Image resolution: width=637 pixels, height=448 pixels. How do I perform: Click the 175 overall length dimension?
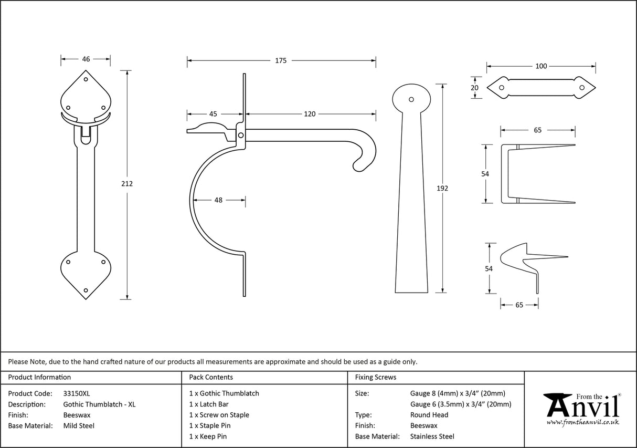coord(281,60)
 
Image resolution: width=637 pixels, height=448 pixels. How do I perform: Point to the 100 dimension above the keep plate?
coord(541,66)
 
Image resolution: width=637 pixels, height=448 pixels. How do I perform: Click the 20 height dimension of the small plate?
coord(475,88)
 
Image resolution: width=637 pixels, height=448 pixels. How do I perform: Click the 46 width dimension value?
coord(86,59)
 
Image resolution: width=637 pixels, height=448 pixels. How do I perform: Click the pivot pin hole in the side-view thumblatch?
coord(241,136)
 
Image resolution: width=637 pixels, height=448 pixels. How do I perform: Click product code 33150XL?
coord(77,393)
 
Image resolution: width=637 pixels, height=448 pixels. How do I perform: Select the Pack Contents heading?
coord(211,377)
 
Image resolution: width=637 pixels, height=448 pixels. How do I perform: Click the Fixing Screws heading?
coord(376,377)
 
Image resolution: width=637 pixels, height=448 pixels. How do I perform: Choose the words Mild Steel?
coord(79,426)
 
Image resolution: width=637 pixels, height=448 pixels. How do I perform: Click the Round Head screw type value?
coord(429,415)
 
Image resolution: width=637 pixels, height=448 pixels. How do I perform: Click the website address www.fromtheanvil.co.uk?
coord(582,422)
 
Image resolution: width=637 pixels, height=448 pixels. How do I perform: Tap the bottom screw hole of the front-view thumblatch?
coord(86,289)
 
